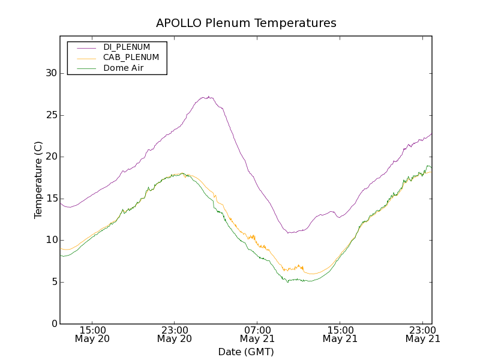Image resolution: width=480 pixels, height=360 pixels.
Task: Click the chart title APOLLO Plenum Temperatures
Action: coord(246,23)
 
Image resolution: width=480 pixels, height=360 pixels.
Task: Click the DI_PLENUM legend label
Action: coord(127,47)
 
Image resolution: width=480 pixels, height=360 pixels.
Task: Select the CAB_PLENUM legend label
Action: coord(131,58)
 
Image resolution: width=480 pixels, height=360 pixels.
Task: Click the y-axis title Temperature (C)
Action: coord(38,180)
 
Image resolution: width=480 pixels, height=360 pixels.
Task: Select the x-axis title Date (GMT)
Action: coord(246,352)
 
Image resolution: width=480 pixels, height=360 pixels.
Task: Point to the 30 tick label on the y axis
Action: coord(51,73)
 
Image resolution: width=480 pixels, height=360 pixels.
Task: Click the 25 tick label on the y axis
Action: coord(51,115)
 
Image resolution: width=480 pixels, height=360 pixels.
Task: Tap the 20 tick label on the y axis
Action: coord(51,157)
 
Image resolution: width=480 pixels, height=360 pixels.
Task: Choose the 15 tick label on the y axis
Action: coord(51,199)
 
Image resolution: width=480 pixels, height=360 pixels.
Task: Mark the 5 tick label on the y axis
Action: coord(53,282)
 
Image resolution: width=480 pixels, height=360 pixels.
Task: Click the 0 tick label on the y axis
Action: coord(53,324)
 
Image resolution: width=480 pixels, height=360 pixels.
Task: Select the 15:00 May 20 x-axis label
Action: coord(92,334)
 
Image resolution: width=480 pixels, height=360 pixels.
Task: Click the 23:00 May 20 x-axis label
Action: coord(175,334)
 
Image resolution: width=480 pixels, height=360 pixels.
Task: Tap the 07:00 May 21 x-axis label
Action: coord(257,334)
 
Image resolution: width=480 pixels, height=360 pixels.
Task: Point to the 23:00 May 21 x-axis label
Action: coord(422,334)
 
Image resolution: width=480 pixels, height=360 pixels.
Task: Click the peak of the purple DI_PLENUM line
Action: coord(207,97)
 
